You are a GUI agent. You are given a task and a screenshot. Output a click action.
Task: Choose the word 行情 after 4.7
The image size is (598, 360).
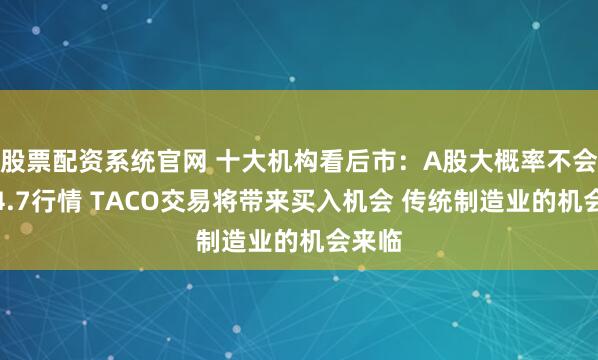coord(58,203)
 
